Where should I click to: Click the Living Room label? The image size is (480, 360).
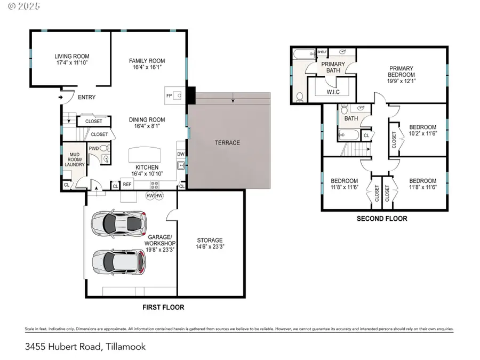click(71, 56)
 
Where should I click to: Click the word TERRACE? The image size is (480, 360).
click(228, 142)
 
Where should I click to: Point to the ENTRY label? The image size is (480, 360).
click(87, 98)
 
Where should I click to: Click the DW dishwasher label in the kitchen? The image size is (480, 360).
click(180, 155)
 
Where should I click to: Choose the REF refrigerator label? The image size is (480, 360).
click(127, 185)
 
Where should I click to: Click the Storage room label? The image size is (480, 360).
click(210, 240)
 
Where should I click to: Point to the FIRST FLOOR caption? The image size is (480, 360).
click(163, 307)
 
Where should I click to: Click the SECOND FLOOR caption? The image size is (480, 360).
click(382, 219)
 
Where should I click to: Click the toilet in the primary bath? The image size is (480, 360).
click(300, 97)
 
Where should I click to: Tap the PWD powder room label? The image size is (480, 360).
click(94, 148)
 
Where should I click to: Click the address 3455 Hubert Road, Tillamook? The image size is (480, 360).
click(85, 346)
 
